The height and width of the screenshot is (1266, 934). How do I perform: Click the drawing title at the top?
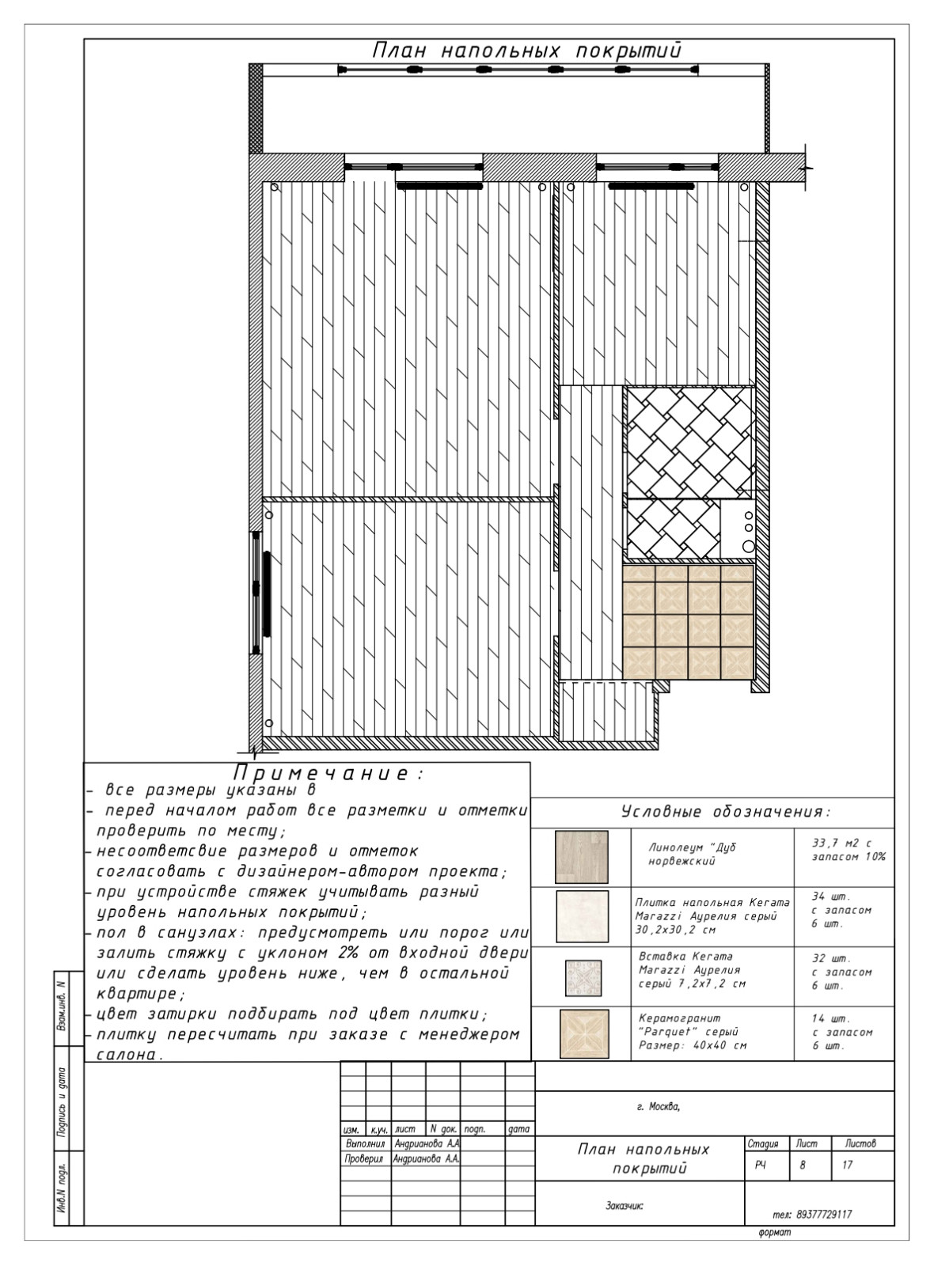[x=526, y=51]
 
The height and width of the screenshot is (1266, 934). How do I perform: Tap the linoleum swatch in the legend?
[x=581, y=857]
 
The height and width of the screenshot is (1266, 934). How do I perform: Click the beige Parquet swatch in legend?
[x=584, y=1034]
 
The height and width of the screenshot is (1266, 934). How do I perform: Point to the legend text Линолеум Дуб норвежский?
[x=692, y=854]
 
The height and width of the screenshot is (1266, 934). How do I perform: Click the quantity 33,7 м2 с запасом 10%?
[x=849, y=850]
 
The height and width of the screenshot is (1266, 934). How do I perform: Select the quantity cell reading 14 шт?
[x=842, y=1032]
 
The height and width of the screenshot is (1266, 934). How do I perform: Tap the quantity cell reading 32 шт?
[x=842, y=972]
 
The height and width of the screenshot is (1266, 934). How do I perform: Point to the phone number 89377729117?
[x=812, y=1215]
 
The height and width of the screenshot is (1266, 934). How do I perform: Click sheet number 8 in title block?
[x=803, y=1165]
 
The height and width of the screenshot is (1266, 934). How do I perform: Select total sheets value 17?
[x=847, y=1165]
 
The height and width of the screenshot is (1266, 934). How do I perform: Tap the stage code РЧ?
[x=761, y=1166]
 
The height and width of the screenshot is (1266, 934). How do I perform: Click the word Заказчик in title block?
[x=625, y=1206]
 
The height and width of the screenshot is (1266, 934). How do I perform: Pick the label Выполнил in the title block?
[x=365, y=1143]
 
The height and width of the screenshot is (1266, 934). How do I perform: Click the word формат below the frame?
[x=775, y=1232]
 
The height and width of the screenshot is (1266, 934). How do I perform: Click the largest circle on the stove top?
[x=749, y=546]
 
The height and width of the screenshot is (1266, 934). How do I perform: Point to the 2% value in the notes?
[x=347, y=953]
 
